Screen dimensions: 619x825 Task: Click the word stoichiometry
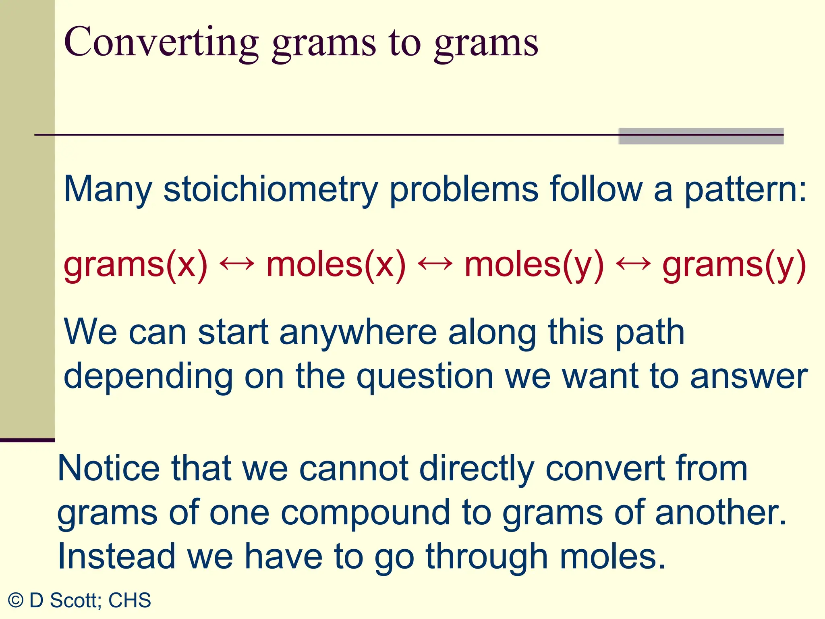coord(270,189)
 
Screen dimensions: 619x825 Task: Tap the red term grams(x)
coord(135,265)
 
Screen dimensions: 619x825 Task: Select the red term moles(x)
coord(336,265)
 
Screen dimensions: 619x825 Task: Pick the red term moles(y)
coord(534,265)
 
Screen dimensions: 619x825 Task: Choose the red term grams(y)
coord(734,265)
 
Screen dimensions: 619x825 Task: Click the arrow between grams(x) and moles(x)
coord(237,264)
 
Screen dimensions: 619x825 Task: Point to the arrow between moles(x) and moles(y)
coord(435,264)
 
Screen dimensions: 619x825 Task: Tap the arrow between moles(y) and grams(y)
coord(633,264)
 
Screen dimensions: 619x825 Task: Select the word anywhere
coord(358,332)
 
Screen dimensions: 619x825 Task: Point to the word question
coord(425,377)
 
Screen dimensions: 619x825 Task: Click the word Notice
coord(109,468)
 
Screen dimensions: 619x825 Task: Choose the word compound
coord(365,513)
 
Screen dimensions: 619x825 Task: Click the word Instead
coord(116,557)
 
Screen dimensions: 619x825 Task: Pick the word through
coord(487,557)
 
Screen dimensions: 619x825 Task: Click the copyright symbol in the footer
coord(16,600)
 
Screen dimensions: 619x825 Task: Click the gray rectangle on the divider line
coord(701,136)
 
